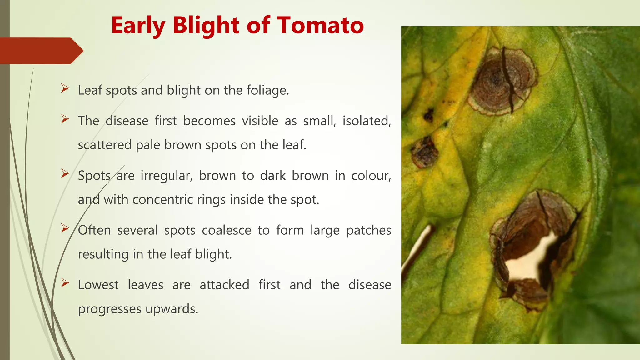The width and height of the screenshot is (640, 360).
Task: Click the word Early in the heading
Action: (138, 26)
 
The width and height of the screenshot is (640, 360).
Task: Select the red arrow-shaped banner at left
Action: (41, 51)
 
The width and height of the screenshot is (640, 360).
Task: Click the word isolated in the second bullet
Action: (366, 121)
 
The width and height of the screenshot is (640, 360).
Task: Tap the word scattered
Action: (104, 145)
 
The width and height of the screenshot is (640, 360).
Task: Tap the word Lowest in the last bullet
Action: (98, 285)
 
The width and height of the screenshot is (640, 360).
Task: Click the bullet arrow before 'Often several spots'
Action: (65, 228)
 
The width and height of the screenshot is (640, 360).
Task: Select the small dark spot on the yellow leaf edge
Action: (428, 115)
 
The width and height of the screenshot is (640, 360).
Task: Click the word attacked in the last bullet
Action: (224, 285)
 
